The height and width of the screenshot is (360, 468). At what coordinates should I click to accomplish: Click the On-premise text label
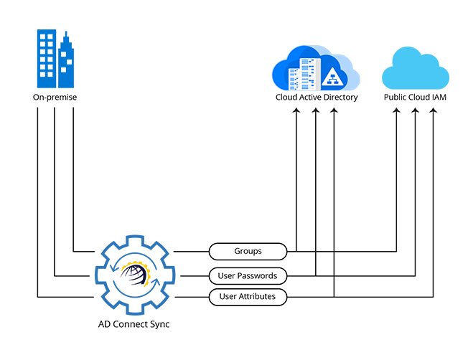55,97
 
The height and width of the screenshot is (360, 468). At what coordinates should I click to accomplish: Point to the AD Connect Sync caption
134,324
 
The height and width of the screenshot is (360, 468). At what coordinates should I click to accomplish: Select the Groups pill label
248,251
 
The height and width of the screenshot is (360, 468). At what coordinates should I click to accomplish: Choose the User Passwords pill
248,275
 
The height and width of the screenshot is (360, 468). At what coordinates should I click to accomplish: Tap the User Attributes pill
248,295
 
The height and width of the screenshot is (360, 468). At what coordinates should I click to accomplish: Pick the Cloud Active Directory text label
317,97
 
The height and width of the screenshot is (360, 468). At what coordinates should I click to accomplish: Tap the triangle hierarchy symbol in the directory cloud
332,77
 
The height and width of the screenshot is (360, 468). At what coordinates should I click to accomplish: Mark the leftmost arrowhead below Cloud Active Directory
296,113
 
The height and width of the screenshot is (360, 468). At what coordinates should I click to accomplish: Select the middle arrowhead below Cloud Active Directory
315,113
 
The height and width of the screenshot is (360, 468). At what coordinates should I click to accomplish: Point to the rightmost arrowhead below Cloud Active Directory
334,113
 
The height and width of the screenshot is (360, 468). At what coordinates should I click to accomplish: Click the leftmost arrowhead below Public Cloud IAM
397,113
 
